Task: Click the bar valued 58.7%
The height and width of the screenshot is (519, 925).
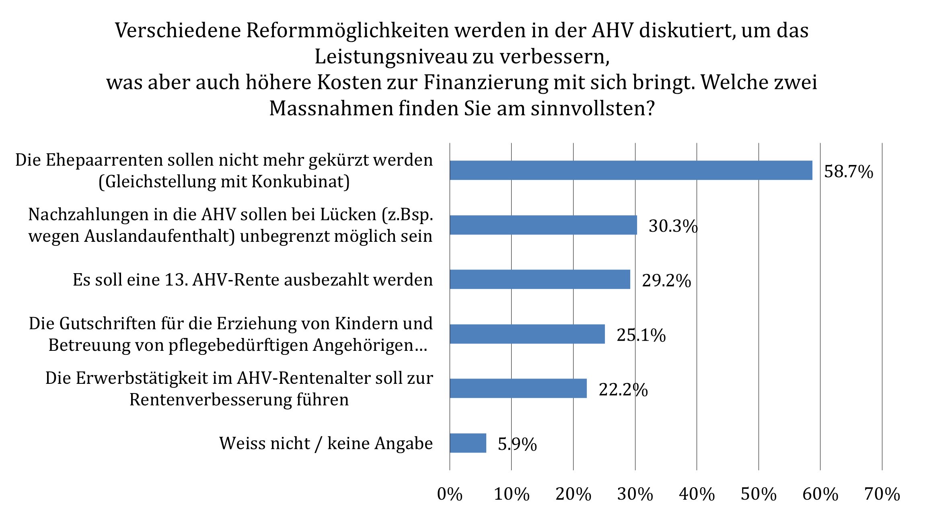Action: [x=631, y=170]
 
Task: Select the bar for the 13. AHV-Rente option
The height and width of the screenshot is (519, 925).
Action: [x=540, y=279]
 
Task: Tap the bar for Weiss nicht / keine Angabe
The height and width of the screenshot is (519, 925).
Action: [x=468, y=443]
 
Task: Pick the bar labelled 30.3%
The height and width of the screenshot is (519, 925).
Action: [x=543, y=225]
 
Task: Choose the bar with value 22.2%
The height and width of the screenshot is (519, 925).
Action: [x=518, y=388]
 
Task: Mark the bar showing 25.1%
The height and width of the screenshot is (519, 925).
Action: [x=527, y=334]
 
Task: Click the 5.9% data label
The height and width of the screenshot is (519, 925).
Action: [x=517, y=444]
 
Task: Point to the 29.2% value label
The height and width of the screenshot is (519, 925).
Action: [x=666, y=280]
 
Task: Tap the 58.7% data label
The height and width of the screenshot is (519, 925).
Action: [x=849, y=171]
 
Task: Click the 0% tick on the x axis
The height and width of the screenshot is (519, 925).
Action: [x=450, y=494]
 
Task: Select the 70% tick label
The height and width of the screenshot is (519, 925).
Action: [x=882, y=494]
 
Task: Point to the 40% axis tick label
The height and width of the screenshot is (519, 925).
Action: [x=697, y=494]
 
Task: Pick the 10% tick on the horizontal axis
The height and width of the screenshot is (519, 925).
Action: [x=512, y=494]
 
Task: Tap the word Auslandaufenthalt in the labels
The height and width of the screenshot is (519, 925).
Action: [x=159, y=237]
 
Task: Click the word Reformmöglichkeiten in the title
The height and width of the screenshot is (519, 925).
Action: [x=347, y=31]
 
